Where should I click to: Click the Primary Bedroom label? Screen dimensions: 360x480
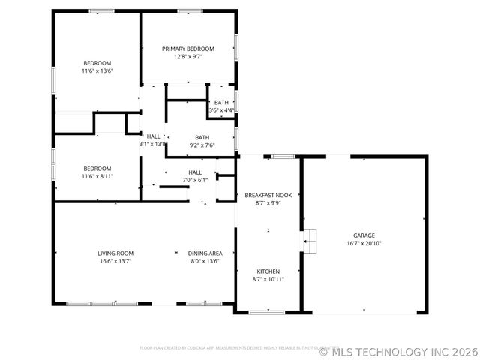point(188,48)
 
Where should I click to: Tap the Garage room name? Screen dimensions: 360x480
point(364,235)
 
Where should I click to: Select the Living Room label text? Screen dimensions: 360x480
point(115,253)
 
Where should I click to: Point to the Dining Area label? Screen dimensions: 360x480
point(205,253)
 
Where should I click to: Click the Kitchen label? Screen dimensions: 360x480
point(268,271)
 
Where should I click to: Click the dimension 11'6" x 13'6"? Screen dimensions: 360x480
point(97,70)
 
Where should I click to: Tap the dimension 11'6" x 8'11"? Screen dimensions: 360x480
point(97,176)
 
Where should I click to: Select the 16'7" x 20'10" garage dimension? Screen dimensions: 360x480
point(364,243)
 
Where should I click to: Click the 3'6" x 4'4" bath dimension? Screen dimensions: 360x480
point(221,110)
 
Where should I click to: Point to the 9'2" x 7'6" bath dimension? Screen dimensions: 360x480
point(202,145)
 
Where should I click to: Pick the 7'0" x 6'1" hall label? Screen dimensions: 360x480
point(195,180)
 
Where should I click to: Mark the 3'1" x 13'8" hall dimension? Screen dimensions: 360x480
point(152,144)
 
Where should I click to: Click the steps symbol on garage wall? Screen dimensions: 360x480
point(310,239)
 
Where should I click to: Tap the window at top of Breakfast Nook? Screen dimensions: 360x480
point(283,156)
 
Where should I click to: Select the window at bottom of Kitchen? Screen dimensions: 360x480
point(266,311)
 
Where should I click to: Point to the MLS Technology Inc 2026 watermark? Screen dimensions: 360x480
point(398,350)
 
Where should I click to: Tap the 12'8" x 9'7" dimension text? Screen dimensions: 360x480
point(188,56)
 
